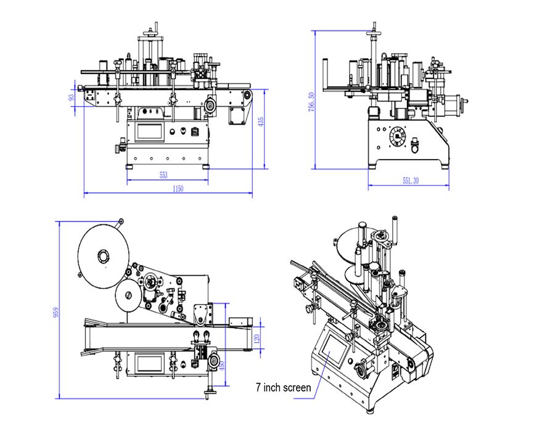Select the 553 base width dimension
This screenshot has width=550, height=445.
pyautogui.click(x=163, y=175)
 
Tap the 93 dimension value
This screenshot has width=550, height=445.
pyautogui.click(x=72, y=97)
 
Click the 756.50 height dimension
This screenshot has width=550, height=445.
pyautogui.click(x=311, y=102)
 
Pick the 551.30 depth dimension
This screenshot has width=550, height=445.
pyautogui.click(x=411, y=181)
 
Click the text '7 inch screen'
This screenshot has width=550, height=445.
pyautogui.click(x=283, y=388)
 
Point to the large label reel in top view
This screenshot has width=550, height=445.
pyautogui.click(x=103, y=255)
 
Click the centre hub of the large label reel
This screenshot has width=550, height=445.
pyautogui.click(x=103, y=255)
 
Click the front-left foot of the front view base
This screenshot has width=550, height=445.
pyautogui.click(x=129, y=166)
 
